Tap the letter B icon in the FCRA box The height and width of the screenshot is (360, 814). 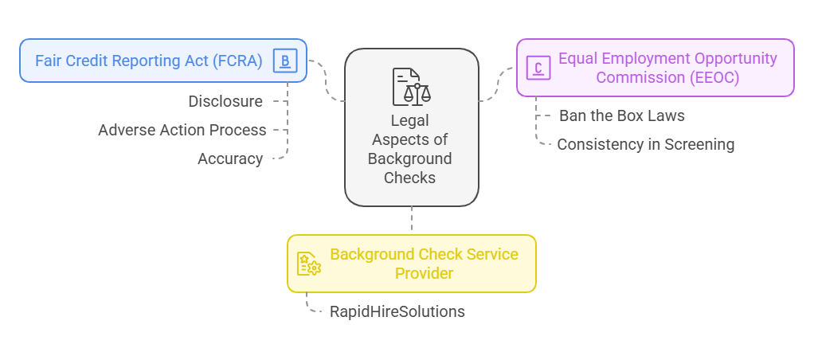pyautogui.click(x=284, y=61)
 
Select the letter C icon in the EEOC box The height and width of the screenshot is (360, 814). pyautogui.click(x=538, y=68)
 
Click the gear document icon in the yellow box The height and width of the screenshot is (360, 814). pyautogui.click(x=308, y=264)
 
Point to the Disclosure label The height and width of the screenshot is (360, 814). pyautogui.click(x=225, y=101)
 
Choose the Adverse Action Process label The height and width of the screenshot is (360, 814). pyautogui.click(x=182, y=130)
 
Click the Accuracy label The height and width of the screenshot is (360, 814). pyautogui.click(x=230, y=158)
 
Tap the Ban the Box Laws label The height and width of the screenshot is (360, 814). pyautogui.click(x=621, y=115)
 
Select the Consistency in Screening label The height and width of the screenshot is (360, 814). pyautogui.click(x=645, y=144)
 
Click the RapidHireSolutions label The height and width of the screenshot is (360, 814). pyautogui.click(x=397, y=311)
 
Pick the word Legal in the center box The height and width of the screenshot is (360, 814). pyautogui.click(x=410, y=120)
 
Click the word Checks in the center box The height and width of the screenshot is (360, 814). pyautogui.click(x=410, y=178)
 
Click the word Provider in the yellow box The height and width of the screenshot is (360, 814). pyautogui.click(x=425, y=273)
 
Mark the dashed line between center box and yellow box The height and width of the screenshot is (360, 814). pyautogui.click(x=412, y=220)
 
